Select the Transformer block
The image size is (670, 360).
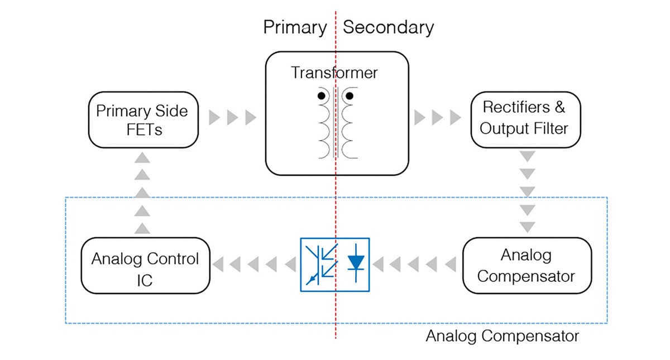(337, 113)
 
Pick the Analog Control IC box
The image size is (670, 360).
(145, 265)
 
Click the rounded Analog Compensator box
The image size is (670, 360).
(526, 265)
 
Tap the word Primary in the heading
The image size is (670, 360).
(295, 27)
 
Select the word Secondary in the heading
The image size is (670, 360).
(388, 27)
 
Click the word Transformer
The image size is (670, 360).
(334, 73)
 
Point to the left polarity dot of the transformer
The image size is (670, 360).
(322, 96)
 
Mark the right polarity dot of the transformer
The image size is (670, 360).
(350, 96)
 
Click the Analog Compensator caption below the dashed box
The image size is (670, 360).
(502, 337)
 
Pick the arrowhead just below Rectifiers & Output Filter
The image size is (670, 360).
(527, 155)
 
